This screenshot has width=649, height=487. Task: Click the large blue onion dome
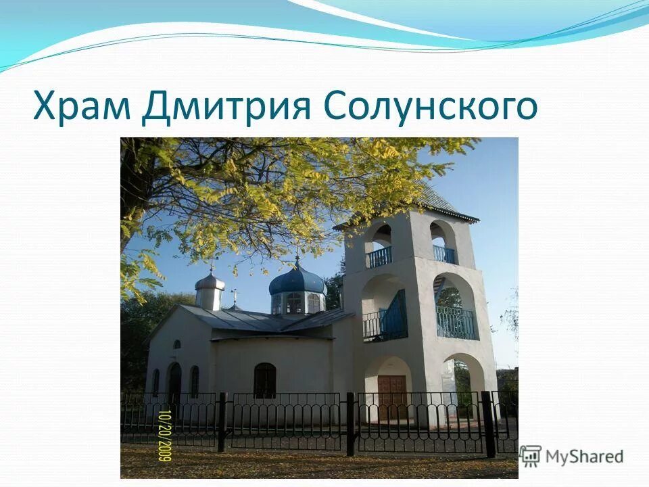point(297,280)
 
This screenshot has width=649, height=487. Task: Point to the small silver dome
point(210,281)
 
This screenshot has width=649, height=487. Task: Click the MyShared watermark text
point(584,456)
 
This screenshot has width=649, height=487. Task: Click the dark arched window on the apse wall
point(264,380)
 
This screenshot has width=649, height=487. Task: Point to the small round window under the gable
point(176,344)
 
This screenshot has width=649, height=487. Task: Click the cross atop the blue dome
point(296,259)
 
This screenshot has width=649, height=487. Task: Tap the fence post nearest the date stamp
point(222,422)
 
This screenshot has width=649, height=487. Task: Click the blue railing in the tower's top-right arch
point(444,254)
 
